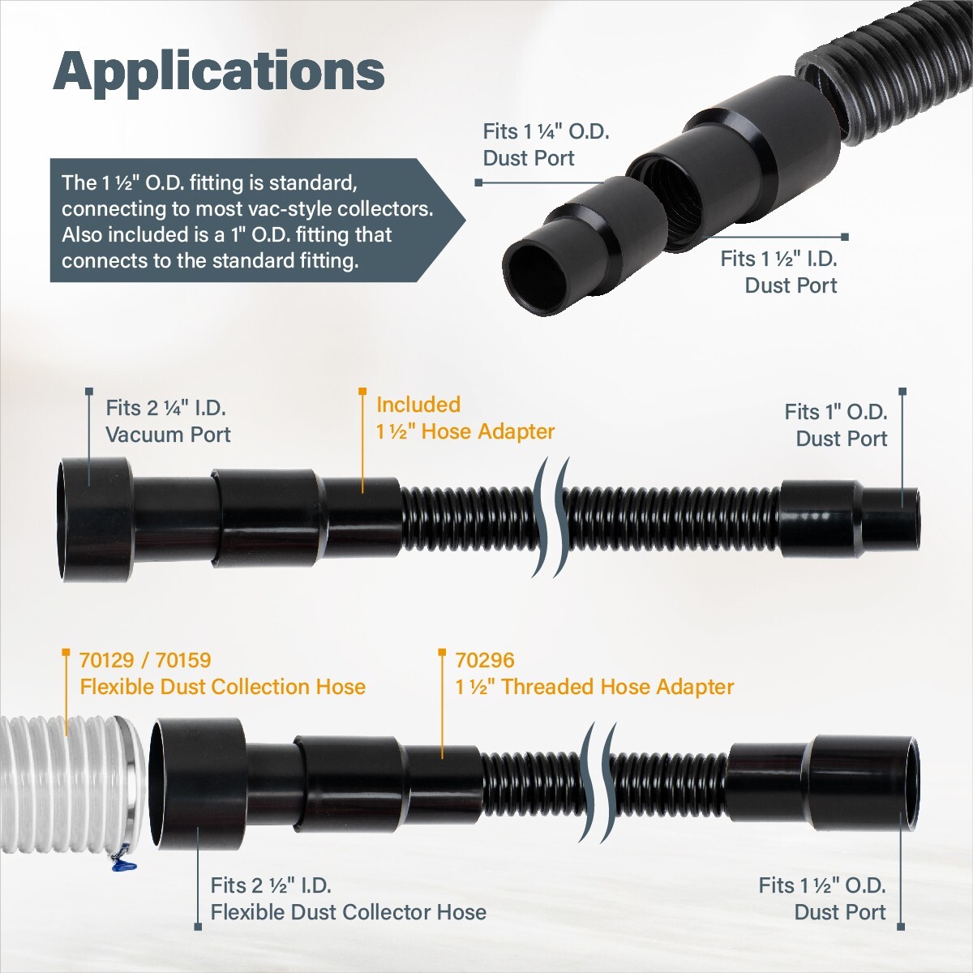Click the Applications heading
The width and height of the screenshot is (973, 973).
coord(219,71)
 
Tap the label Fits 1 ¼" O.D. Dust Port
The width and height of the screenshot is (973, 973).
coord(545,144)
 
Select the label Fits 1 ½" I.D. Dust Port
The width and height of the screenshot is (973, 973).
coord(778,272)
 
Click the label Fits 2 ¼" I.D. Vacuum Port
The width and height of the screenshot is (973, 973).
coord(168,421)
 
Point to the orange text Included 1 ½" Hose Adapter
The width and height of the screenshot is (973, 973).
coord(465,418)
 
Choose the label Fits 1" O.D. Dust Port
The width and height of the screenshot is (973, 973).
coord(835,425)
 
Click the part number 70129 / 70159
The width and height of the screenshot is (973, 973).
coord(145,660)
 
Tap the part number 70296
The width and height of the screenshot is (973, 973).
coord(484,660)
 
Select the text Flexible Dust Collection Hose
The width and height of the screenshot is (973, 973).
coord(222,687)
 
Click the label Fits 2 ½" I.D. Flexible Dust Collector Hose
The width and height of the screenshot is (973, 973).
coord(348,898)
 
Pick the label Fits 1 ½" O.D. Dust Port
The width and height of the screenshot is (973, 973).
coord(821,898)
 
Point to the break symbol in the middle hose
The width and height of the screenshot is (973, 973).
coord(551,517)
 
